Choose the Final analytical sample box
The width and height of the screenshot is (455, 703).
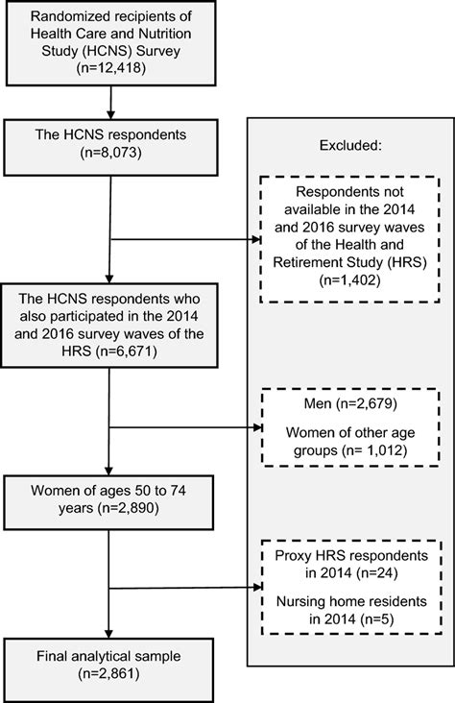[113, 666]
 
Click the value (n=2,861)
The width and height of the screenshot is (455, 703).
[113, 675]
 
